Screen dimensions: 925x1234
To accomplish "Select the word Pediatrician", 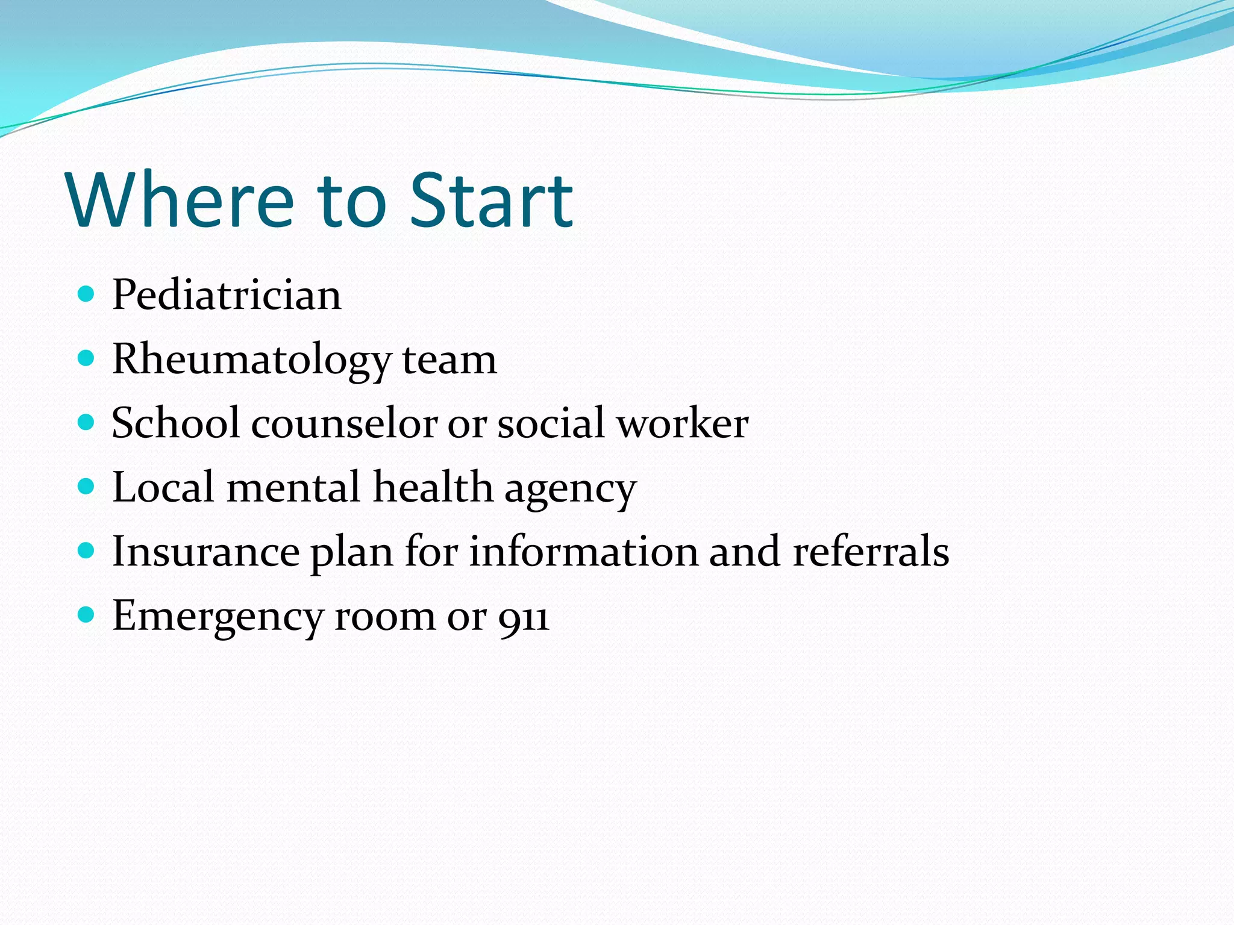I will point(227,295).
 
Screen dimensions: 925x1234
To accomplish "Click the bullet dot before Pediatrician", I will point(87,294).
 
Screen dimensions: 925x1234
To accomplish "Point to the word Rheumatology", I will point(252,360).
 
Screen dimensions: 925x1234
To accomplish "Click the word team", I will point(449,360).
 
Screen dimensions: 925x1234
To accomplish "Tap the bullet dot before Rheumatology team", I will point(87,358).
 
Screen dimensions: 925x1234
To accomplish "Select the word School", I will point(176,423).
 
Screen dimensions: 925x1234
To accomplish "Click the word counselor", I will point(344,423).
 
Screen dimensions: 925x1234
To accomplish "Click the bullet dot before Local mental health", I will point(87,486).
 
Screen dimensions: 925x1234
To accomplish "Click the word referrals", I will point(871,552).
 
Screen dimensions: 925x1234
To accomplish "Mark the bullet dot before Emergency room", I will point(87,615).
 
